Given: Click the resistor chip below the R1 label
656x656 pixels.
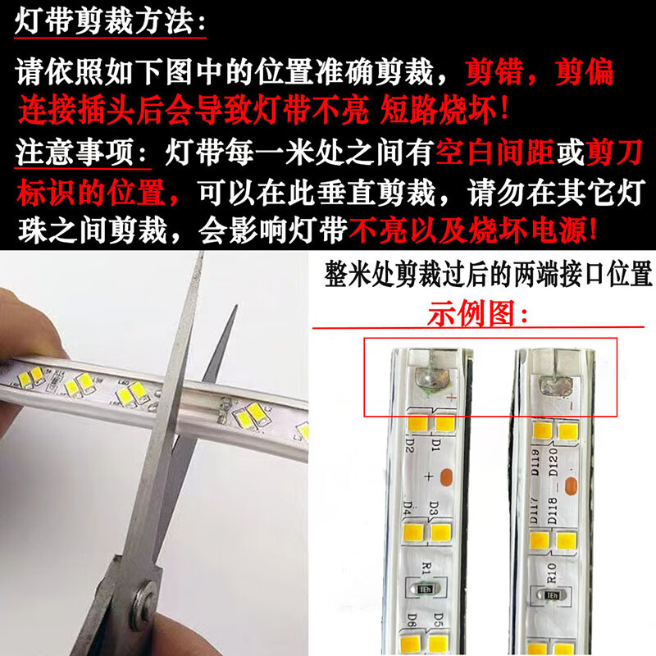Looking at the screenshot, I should click(x=426, y=588).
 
